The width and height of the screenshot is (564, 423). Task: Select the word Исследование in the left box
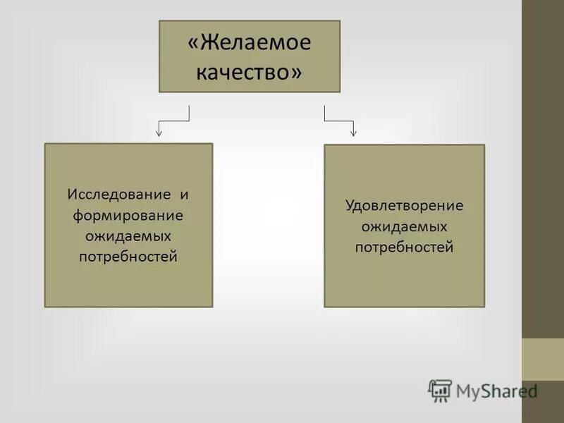pyautogui.click(x=119, y=193)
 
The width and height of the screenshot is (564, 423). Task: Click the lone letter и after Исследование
pyautogui.click(x=184, y=193)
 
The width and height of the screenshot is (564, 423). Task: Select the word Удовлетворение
pyautogui.click(x=404, y=206)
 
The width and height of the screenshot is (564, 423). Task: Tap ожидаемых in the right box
pyautogui.click(x=404, y=227)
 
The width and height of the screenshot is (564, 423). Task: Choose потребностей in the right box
pyautogui.click(x=404, y=247)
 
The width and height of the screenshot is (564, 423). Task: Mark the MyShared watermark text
pyautogui.click(x=496, y=391)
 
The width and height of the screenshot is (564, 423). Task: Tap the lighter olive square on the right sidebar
pyautogui.click(x=543, y=360)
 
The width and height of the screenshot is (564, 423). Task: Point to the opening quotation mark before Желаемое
pyautogui.click(x=192, y=44)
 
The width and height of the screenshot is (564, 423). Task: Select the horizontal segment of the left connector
pyautogui.click(x=175, y=121)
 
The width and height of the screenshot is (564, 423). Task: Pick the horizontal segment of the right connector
pyautogui.click(x=338, y=121)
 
